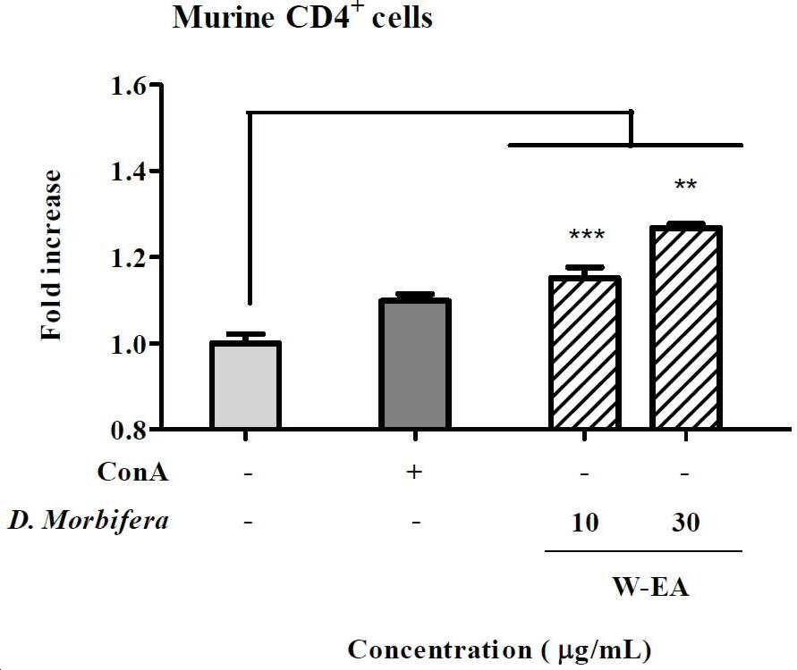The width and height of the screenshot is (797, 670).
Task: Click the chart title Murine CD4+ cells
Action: click(302, 16)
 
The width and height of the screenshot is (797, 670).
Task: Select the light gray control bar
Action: click(245, 385)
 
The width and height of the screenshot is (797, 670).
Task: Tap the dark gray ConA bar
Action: click(415, 364)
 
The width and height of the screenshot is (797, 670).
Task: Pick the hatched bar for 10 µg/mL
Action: click(584, 353)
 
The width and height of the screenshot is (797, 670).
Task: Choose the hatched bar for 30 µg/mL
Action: click(686, 328)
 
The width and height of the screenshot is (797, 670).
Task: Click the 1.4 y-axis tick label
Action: click(129, 172)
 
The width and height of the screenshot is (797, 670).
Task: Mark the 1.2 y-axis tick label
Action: click(129, 257)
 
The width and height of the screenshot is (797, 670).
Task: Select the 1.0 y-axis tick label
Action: click(129, 344)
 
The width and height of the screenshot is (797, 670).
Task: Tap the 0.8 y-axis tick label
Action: click(129, 431)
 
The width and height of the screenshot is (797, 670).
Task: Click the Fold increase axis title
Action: click(51, 255)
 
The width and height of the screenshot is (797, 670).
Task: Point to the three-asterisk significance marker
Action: click(587, 235)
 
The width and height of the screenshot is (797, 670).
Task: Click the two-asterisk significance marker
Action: click(685, 184)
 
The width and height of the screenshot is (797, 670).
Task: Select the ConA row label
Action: click(132, 472)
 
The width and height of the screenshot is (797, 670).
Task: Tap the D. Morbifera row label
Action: click(88, 520)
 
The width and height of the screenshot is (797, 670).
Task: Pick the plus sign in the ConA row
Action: click(414, 472)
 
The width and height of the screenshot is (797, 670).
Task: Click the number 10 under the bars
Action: click(584, 523)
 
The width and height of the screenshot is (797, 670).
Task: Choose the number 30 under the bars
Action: click(686, 523)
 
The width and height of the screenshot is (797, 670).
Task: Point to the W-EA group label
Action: click(650, 587)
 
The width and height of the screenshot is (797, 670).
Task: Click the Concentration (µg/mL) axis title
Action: click(499, 650)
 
